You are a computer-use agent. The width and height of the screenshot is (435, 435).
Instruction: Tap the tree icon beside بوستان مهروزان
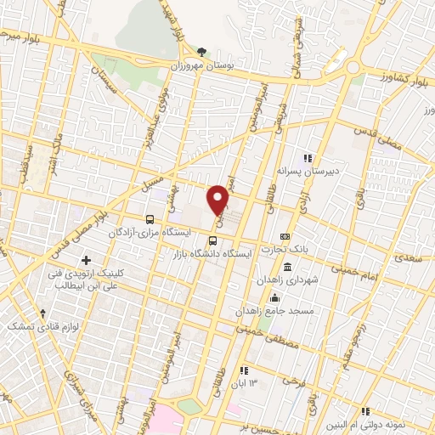201,52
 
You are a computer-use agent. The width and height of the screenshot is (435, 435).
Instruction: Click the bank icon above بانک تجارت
285,236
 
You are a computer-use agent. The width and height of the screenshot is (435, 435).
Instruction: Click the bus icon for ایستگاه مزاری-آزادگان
150,218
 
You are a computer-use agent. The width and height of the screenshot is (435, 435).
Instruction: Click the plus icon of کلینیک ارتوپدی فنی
84,259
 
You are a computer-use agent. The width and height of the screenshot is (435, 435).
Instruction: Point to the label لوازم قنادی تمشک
34,325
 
